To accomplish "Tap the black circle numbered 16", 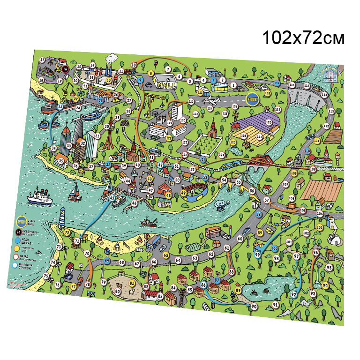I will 66,68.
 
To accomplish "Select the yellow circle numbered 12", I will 109,80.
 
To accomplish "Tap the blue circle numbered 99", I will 257,254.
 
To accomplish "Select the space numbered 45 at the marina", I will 112,198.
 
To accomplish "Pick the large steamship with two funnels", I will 40,196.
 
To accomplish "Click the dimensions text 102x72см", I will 303,37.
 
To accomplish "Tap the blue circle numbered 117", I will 277,83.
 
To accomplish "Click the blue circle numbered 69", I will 107,261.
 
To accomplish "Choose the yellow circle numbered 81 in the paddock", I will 132,283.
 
